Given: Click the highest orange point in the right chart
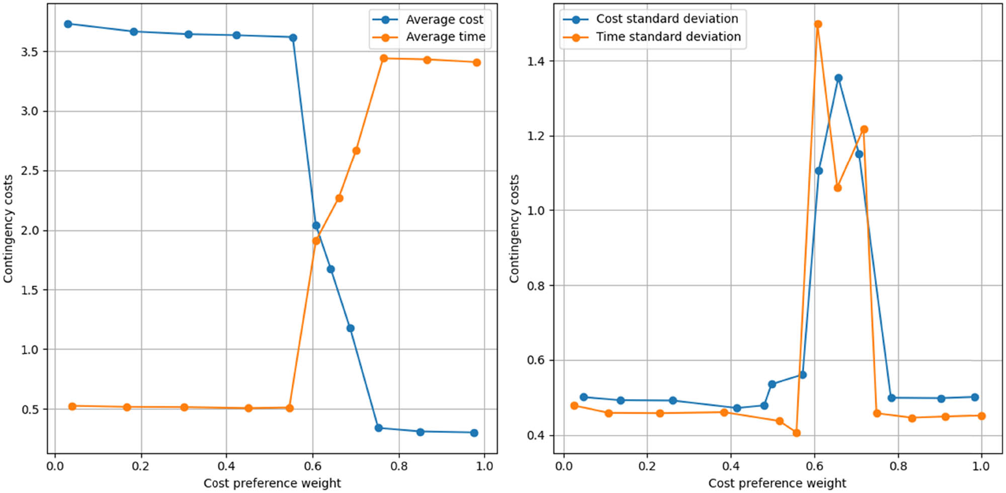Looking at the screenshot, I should pos(818,24).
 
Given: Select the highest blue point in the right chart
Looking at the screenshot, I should pos(839,78).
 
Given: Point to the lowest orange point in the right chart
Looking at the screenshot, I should pos(796,433).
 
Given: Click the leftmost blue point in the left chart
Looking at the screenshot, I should pos(68,24).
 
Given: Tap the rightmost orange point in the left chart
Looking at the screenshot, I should pos(477,62).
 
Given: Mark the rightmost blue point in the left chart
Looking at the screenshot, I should pos(474,433).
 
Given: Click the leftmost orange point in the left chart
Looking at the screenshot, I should pos(72,406).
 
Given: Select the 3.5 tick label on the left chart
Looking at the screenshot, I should pos(29,52).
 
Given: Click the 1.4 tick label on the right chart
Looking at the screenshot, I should pos(536,61).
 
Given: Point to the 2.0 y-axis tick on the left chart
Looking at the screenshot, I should pos(29,230).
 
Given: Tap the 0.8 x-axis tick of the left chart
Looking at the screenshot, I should pos(399,466).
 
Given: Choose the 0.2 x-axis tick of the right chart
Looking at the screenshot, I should pos(647,466).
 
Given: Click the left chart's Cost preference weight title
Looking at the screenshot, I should pos(272,483).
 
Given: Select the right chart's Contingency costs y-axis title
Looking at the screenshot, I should pos(514,229).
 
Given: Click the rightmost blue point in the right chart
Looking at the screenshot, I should pos(975,397).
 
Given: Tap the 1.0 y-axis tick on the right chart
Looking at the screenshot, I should pos(536,211).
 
